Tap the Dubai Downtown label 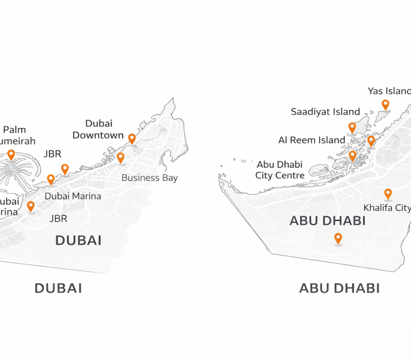pyautogui.click(x=98, y=129)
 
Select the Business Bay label pyautogui.click(x=150, y=178)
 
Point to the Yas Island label pyautogui.click(x=389, y=91)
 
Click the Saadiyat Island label pyautogui.click(x=325, y=112)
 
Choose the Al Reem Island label pyautogui.click(x=311, y=140)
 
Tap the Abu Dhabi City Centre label pyautogui.click(x=280, y=170)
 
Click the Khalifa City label pyautogui.click(x=387, y=208)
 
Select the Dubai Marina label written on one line pyautogui.click(x=73, y=196)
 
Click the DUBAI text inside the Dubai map pyautogui.click(x=78, y=240)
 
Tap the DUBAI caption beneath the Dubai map pyautogui.click(x=58, y=289)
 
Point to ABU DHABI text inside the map pyautogui.click(x=327, y=221)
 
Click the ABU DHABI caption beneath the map pyautogui.click(x=339, y=289)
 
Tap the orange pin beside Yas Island pyautogui.click(x=385, y=105)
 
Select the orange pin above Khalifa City pyautogui.click(x=388, y=194)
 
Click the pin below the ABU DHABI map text pyautogui.click(x=338, y=238)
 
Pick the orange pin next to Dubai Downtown pyautogui.click(x=132, y=138)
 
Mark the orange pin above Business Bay pyautogui.click(x=121, y=157)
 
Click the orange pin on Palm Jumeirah pyautogui.click(x=11, y=154)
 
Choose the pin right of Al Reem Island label pyautogui.click(x=371, y=140)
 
